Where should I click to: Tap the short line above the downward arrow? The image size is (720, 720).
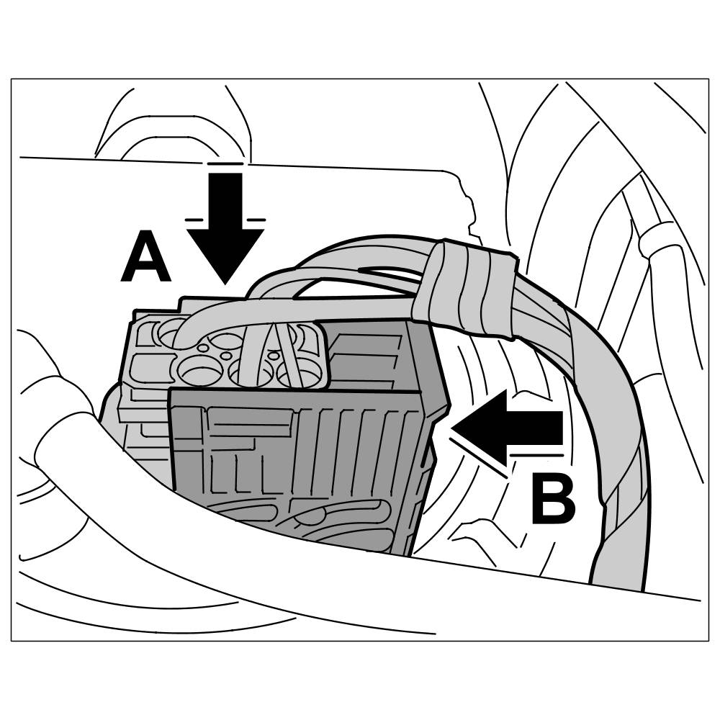coord(225,164)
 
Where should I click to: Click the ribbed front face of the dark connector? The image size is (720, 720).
coord(302,461)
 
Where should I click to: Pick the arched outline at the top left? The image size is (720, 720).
coord(173,122)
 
